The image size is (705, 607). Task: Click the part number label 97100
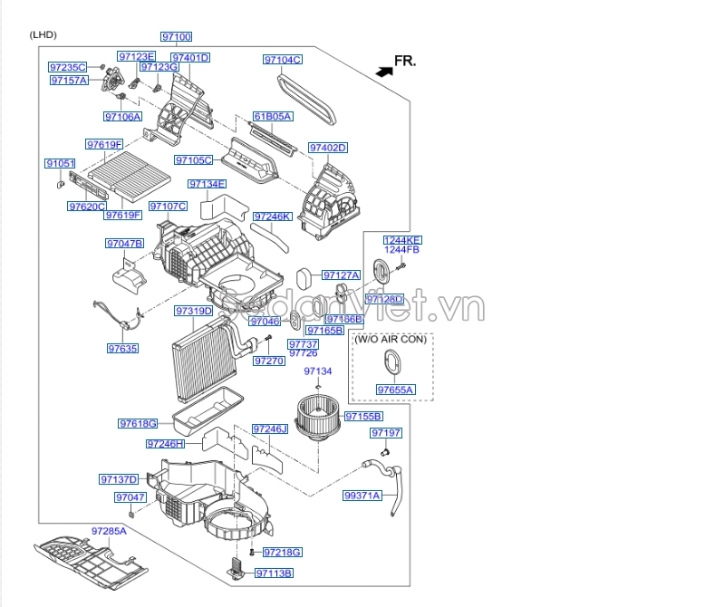177,36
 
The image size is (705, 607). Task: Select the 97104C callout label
283,60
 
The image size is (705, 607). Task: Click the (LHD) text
43,34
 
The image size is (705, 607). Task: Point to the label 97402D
328,148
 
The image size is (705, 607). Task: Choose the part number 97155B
364,416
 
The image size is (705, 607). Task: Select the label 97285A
108,530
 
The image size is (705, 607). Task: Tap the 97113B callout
274,573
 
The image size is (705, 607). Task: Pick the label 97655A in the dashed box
395,390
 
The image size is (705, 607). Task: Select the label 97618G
138,423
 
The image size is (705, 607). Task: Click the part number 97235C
67,67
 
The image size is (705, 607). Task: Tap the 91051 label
61,163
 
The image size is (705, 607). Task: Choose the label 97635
122,348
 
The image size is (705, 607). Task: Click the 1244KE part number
401,239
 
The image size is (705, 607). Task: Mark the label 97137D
119,479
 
